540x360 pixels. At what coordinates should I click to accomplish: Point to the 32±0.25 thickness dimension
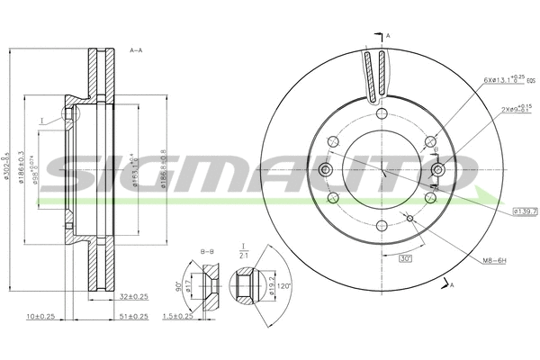pos(133,296)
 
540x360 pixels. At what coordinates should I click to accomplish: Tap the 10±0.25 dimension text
pos(40,317)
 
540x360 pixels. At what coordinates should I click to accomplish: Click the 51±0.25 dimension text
pos(134,317)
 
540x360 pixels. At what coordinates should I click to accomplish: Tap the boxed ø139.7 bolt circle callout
pos(525,211)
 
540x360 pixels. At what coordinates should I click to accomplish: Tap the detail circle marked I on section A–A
pos(67,115)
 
